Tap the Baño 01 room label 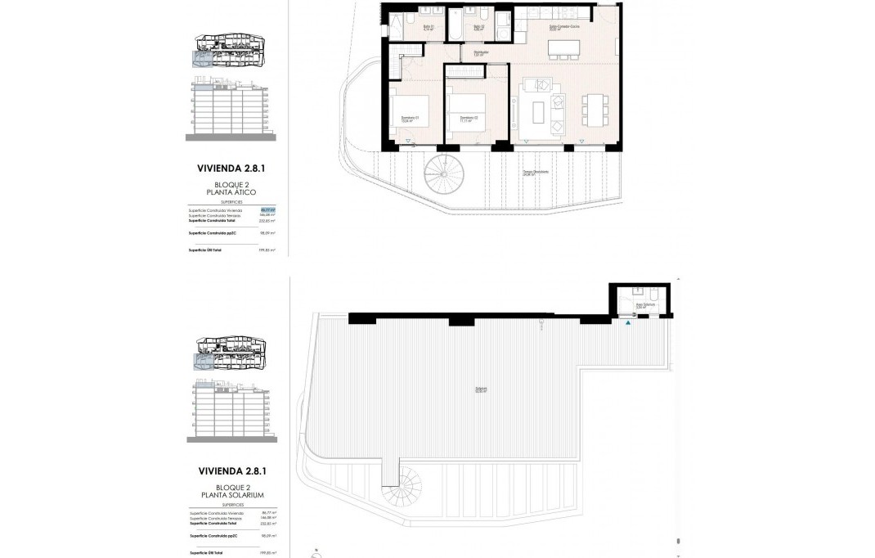pos(428,28)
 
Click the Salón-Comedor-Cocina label pos(563,28)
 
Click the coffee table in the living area pos(539,110)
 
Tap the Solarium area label pos(482,389)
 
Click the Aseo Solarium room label pos(646,305)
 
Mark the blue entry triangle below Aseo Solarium pos(628,324)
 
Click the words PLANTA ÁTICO pos(231,191)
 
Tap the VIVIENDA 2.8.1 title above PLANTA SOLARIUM pos(231,471)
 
